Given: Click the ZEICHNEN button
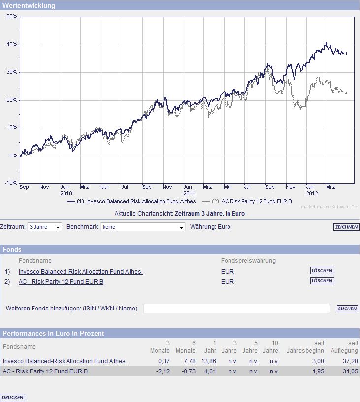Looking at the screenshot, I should pyautogui.click(x=346, y=227).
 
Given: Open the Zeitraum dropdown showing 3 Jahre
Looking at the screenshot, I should pyautogui.click(x=44, y=227).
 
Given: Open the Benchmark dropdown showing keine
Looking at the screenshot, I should pyautogui.click(x=142, y=227).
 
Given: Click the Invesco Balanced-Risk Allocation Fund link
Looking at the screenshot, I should pyautogui.click(x=80, y=271).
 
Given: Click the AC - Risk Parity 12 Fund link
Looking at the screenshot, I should pyautogui.click(x=61, y=282).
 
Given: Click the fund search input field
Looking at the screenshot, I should pyautogui.click(x=236, y=309).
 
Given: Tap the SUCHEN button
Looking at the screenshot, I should pyautogui.click(x=347, y=309).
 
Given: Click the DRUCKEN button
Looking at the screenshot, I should pyautogui.click(x=13, y=397).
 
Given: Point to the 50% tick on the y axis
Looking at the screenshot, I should pyautogui.click(x=12, y=16).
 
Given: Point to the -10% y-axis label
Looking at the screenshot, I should pyautogui.click(x=11, y=183).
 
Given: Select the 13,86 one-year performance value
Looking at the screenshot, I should pyautogui.click(x=209, y=361).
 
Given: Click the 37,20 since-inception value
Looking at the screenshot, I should pyautogui.click(x=351, y=361).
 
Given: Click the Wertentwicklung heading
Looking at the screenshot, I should pyautogui.click(x=29, y=6).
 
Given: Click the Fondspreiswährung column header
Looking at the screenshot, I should pyautogui.click(x=248, y=260).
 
